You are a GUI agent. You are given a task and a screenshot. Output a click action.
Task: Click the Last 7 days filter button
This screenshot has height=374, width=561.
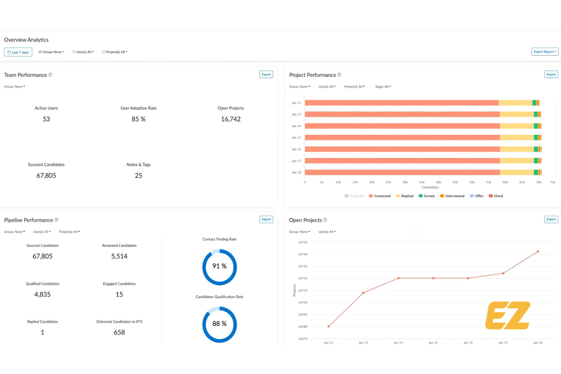(x=18, y=52)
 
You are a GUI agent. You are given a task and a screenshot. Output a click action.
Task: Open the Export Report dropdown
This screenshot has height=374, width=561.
(x=545, y=52)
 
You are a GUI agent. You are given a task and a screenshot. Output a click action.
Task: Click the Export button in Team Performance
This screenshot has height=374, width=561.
(x=266, y=75)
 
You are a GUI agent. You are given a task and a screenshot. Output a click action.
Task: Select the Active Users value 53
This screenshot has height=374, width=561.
(x=46, y=119)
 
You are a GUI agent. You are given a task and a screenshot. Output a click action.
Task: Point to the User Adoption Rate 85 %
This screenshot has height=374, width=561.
(x=138, y=119)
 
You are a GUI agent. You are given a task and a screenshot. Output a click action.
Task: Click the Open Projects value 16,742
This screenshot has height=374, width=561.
(x=230, y=119)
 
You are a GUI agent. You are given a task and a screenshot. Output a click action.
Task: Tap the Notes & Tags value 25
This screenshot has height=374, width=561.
(x=138, y=175)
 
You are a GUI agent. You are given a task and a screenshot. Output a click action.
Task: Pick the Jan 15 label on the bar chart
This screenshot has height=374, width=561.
(x=296, y=138)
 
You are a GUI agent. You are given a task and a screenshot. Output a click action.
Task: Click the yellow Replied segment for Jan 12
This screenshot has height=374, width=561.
(x=515, y=103)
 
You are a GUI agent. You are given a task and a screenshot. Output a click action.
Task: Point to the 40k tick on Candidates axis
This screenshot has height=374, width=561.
(x=439, y=182)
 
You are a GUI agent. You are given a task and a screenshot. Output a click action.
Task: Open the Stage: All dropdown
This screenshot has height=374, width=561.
(x=383, y=87)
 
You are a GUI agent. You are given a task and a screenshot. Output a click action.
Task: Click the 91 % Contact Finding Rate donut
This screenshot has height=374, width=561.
(x=219, y=267)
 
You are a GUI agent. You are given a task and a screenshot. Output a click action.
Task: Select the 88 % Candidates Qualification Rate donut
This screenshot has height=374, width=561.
(x=219, y=324)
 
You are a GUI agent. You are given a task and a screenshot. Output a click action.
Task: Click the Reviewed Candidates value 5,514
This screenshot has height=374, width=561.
(x=119, y=256)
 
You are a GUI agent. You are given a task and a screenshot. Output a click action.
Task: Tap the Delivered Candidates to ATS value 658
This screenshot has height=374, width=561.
(x=119, y=332)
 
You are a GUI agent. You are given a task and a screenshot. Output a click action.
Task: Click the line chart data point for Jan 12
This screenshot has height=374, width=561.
(x=329, y=326)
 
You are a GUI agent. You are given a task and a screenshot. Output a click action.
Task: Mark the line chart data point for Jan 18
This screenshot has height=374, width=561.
(x=538, y=252)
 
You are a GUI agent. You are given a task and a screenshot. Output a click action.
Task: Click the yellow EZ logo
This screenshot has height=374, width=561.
(x=508, y=315)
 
